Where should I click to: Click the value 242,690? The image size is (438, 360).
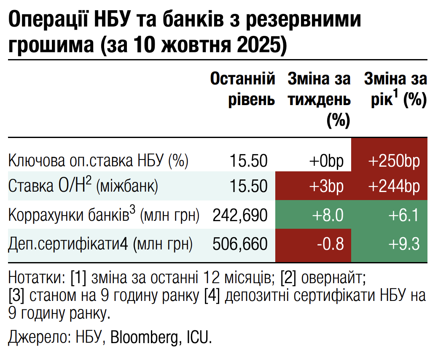[x=240, y=215]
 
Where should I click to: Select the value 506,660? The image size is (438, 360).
[x=240, y=244]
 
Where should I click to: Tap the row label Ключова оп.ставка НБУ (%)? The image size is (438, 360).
[x=98, y=161]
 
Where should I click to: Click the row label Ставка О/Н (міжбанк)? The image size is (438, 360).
[x=83, y=186]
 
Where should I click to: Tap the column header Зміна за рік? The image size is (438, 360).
[x=395, y=89]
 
